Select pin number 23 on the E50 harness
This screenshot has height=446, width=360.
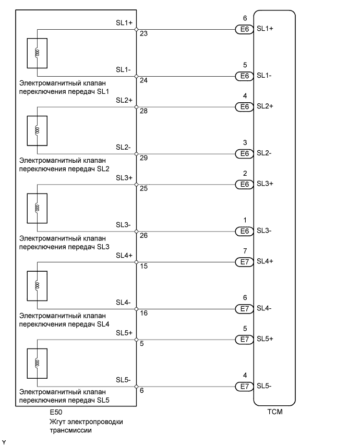pyautogui.click(x=143, y=34)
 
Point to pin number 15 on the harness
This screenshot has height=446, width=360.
pyautogui.click(x=143, y=266)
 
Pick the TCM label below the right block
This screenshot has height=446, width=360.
pyautogui.click(x=274, y=411)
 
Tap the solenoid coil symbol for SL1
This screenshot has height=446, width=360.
pyautogui.click(x=37, y=53)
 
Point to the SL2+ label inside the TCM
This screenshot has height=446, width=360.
pyautogui.click(x=265, y=106)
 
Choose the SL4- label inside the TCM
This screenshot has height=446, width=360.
pyautogui.click(x=264, y=308)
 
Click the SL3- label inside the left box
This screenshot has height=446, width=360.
pyautogui.click(x=124, y=225)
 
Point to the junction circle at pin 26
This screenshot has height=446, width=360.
pyautogui.click(x=136, y=231)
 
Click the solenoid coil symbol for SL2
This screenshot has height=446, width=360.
pyautogui.click(x=37, y=130)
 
